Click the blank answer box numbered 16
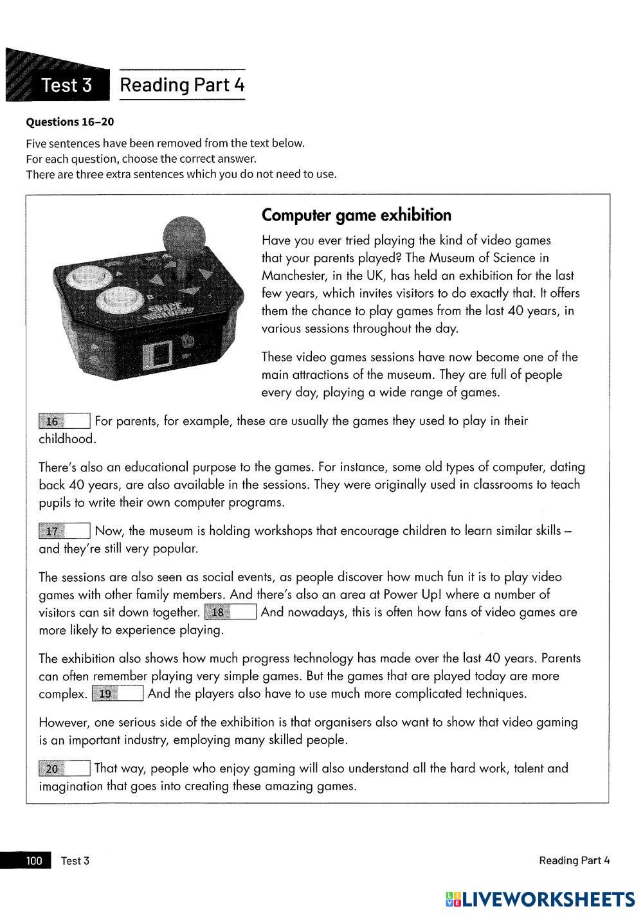64,421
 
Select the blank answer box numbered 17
64,531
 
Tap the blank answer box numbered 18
231,612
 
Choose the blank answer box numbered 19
118,694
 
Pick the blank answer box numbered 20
64,768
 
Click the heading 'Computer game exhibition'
356,215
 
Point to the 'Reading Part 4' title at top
183,85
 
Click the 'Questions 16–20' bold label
70,122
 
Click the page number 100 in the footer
34,860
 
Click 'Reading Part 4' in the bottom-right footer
574,860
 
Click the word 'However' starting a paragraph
63,722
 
